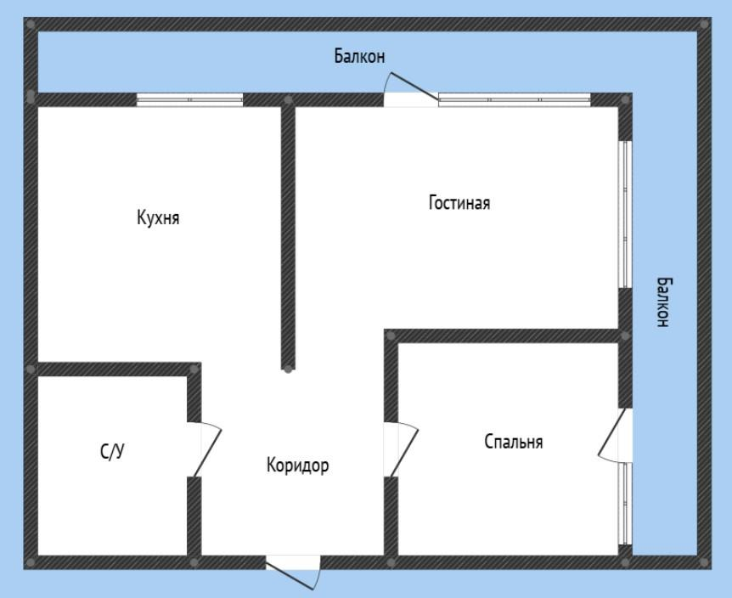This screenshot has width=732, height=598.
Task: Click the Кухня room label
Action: coord(158,217)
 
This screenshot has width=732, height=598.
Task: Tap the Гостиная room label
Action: coord(459,204)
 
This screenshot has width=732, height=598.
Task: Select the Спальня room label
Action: coord(514,442)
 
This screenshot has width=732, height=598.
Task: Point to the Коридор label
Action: coord(297,465)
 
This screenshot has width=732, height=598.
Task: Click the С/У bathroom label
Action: coord(111,452)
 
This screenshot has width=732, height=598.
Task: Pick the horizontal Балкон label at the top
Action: coord(359,58)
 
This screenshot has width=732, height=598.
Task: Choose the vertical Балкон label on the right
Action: coord(663,302)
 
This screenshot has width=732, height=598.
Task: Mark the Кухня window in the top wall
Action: coord(190,99)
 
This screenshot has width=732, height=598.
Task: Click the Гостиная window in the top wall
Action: coord(515,99)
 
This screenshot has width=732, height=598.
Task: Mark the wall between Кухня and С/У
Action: coord(115,369)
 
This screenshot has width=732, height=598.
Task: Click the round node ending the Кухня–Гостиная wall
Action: coord(289,370)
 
